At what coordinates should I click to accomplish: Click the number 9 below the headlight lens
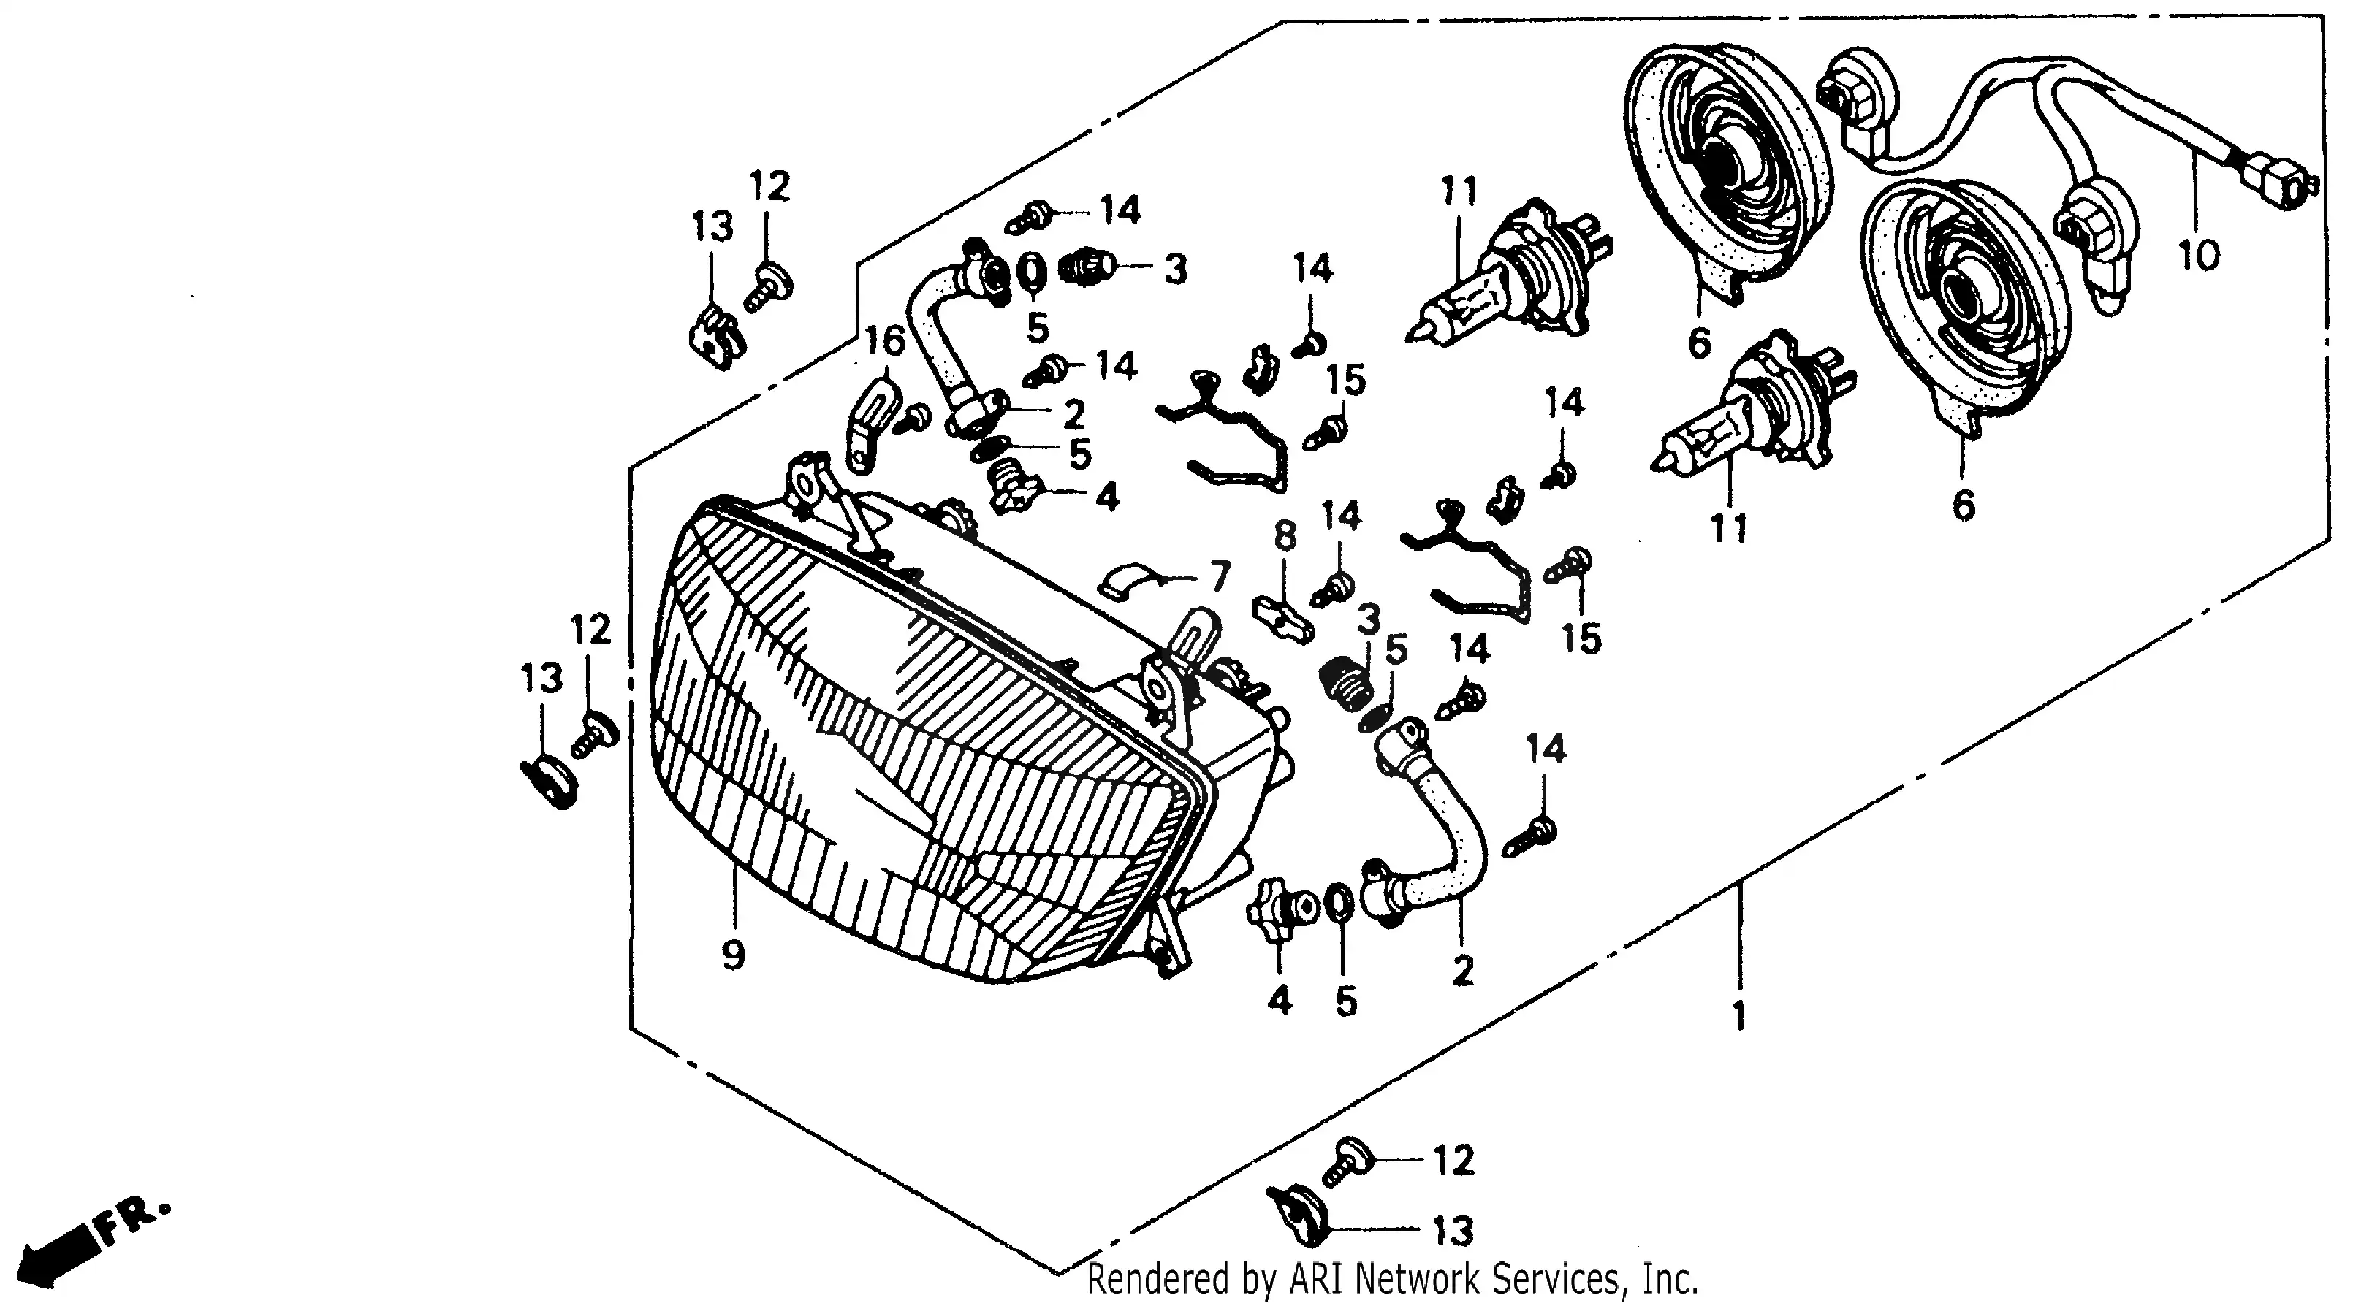coord(734,955)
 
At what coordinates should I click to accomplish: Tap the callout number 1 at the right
coord(1739,1015)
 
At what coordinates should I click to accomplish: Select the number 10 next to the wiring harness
coord(2199,256)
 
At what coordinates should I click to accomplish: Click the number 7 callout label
coord(1220,576)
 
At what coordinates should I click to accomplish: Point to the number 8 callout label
coord(1285,537)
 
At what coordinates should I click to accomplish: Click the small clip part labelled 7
coord(1128,581)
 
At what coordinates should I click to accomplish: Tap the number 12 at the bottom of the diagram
coord(1453,1160)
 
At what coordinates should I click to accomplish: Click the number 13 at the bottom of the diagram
coord(1453,1230)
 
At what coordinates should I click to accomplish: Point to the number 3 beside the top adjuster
coord(1176,270)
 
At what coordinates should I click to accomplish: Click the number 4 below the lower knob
coord(1280,1001)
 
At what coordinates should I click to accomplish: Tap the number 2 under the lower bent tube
coord(1462,971)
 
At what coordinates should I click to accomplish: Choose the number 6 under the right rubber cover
coord(1963,504)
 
